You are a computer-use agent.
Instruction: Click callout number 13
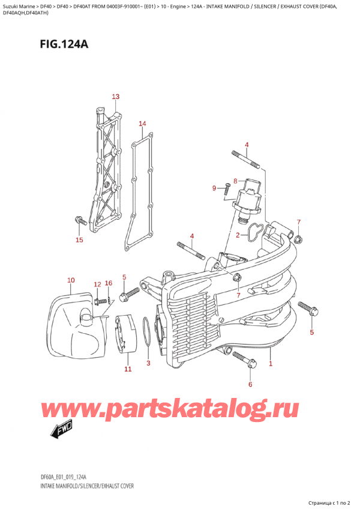point(115,97)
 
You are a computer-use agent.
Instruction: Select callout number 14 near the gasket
point(142,124)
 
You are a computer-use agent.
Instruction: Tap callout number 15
point(79,241)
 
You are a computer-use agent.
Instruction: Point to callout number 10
point(71,280)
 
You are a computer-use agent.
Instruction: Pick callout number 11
point(127,369)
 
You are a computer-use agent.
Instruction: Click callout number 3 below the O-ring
point(149,364)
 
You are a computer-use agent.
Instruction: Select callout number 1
point(271,364)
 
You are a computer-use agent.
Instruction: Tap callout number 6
point(251,384)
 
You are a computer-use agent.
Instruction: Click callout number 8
point(235,181)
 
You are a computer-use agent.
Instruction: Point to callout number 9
point(214,188)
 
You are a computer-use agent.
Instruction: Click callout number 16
point(109,283)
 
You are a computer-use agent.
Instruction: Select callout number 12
point(97,284)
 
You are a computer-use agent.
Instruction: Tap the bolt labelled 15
point(78,221)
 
